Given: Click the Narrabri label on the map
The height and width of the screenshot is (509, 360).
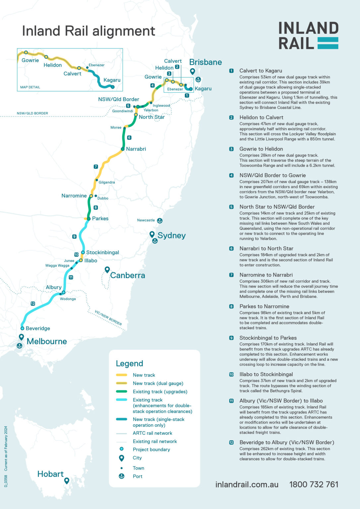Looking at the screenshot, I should pyautogui.click(x=136, y=149).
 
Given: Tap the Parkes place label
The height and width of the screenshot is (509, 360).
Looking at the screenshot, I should pyautogui.click(x=100, y=219).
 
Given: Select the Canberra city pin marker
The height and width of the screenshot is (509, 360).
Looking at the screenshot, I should pyautogui.click(x=107, y=270).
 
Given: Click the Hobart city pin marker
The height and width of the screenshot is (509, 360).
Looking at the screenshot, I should pyautogui.click(x=67, y=481).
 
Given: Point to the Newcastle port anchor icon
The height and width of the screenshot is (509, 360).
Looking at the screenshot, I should pyautogui.click(x=159, y=220).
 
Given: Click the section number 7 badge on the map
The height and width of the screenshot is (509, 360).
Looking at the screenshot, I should pyautogui.click(x=96, y=167).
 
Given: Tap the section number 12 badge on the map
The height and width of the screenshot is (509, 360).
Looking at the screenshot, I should pyautogui.click(x=32, y=304).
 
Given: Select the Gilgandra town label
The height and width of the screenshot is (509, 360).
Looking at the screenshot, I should pyautogui.click(x=107, y=182).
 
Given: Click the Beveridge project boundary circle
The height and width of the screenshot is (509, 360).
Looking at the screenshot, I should pyautogui.click(x=22, y=328).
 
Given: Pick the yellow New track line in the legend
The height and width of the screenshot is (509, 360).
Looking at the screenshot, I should pyautogui.click(x=122, y=375).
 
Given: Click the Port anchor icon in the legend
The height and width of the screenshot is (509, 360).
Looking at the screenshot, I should pyautogui.click(x=121, y=476).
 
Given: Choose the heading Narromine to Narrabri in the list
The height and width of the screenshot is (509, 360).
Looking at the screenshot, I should pyautogui.click(x=266, y=275).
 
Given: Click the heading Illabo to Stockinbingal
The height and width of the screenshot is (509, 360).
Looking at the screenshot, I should pyautogui.click(x=266, y=374).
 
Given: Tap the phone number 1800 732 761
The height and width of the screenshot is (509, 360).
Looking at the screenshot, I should pyautogui.click(x=314, y=484).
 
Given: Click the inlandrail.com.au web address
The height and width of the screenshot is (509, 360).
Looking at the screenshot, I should pyautogui.click(x=247, y=484).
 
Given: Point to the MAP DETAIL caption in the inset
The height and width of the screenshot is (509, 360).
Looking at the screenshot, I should pyautogui.click(x=30, y=87).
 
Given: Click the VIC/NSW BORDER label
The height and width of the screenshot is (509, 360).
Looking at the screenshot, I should pyautogui.click(x=108, y=318).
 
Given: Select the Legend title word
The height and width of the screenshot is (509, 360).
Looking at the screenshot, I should pyautogui.click(x=129, y=364).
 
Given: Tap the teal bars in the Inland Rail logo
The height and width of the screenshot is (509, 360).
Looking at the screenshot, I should pyautogui.click(x=328, y=43).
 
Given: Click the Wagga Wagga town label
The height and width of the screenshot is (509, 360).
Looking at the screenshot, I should pyautogui.click(x=57, y=265).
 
